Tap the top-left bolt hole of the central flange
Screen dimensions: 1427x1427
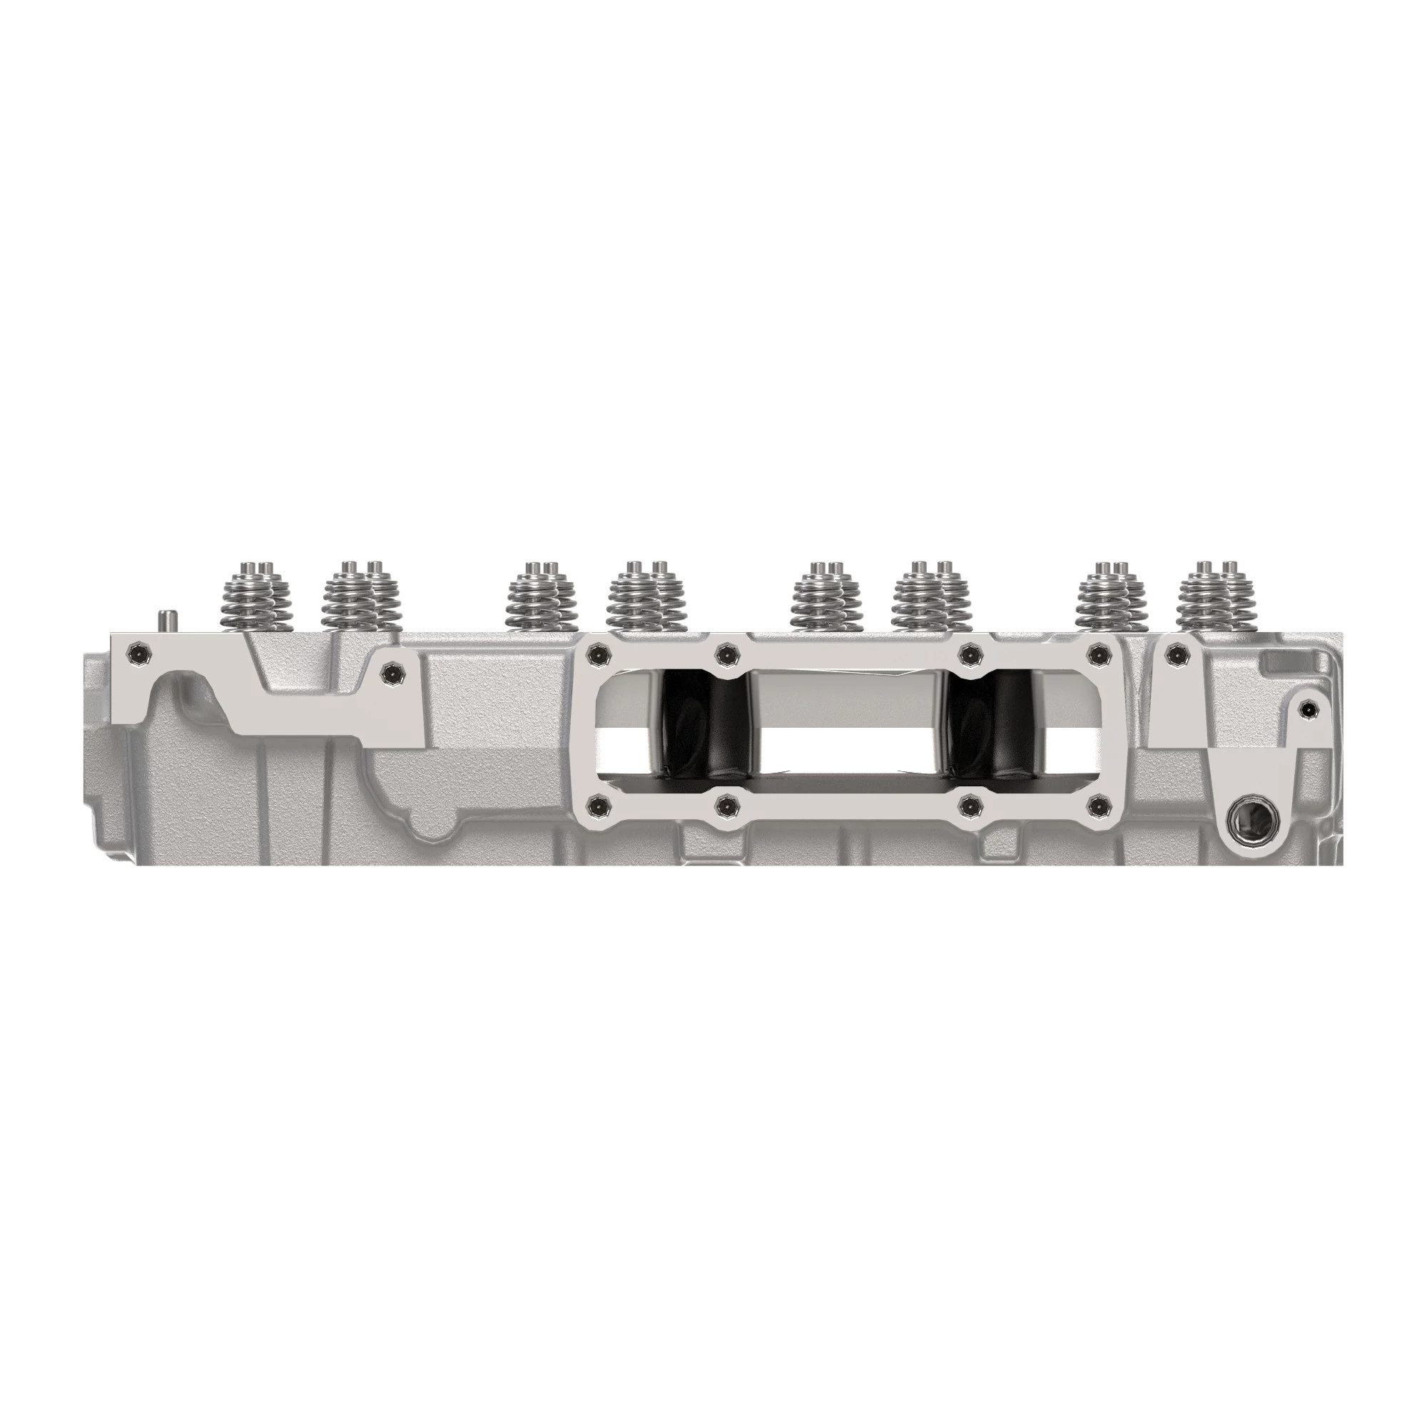(596, 653)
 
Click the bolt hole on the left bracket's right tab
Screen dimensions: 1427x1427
(391, 671)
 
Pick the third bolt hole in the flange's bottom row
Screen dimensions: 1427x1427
(969, 806)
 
